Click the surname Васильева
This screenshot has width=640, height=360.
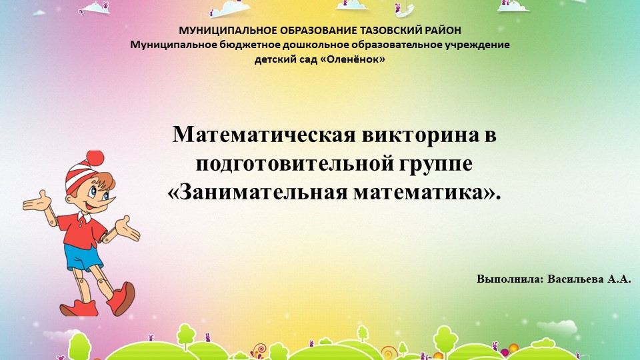(575, 279)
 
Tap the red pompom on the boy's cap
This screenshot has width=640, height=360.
(95, 158)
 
